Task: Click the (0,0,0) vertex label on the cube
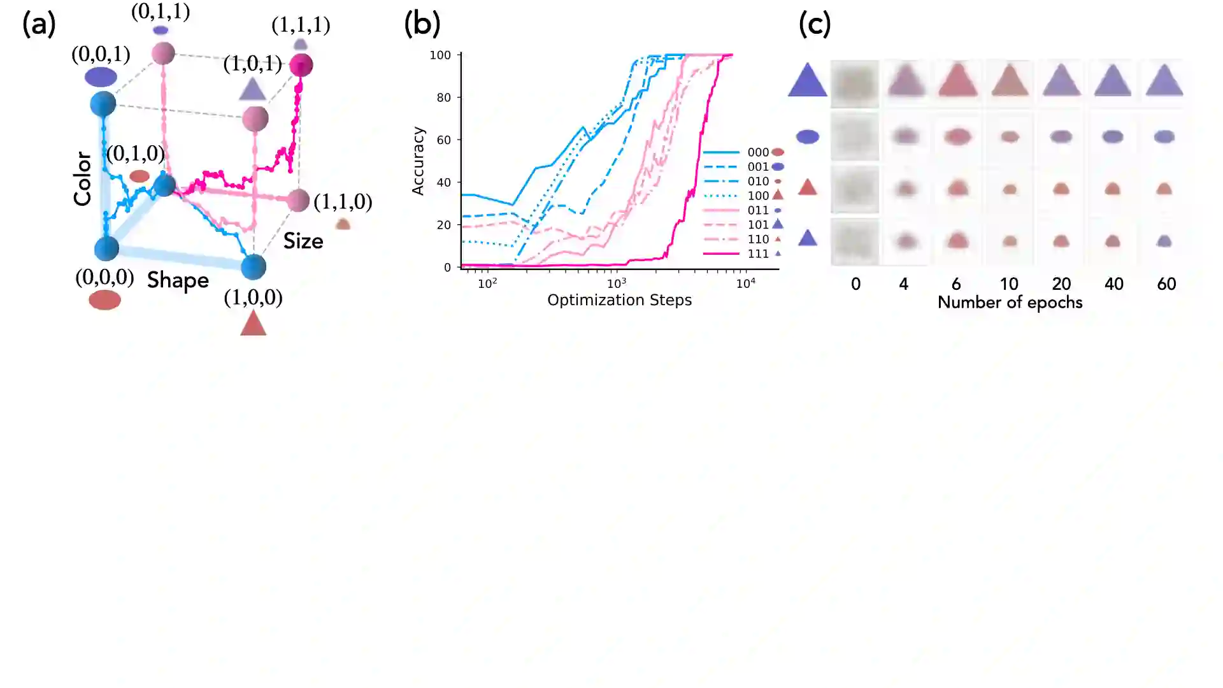click(104, 277)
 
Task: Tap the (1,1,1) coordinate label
click(301, 25)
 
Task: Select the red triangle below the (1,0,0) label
click(253, 323)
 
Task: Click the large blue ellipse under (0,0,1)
click(101, 77)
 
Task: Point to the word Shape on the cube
click(178, 280)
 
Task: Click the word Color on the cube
click(83, 178)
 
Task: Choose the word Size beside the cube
click(303, 241)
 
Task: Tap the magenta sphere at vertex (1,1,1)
click(301, 64)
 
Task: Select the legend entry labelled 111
click(757, 254)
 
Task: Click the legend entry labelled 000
click(757, 152)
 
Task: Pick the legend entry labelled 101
click(757, 224)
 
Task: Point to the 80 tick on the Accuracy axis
click(443, 97)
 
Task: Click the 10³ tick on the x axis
click(617, 283)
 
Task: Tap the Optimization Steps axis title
click(619, 300)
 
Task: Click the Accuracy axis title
click(418, 161)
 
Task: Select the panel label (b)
click(422, 24)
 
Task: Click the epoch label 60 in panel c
click(1166, 284)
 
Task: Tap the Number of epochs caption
click(1010, 303)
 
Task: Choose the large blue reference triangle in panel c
click(807, 81)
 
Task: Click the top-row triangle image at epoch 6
click(958, 82)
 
